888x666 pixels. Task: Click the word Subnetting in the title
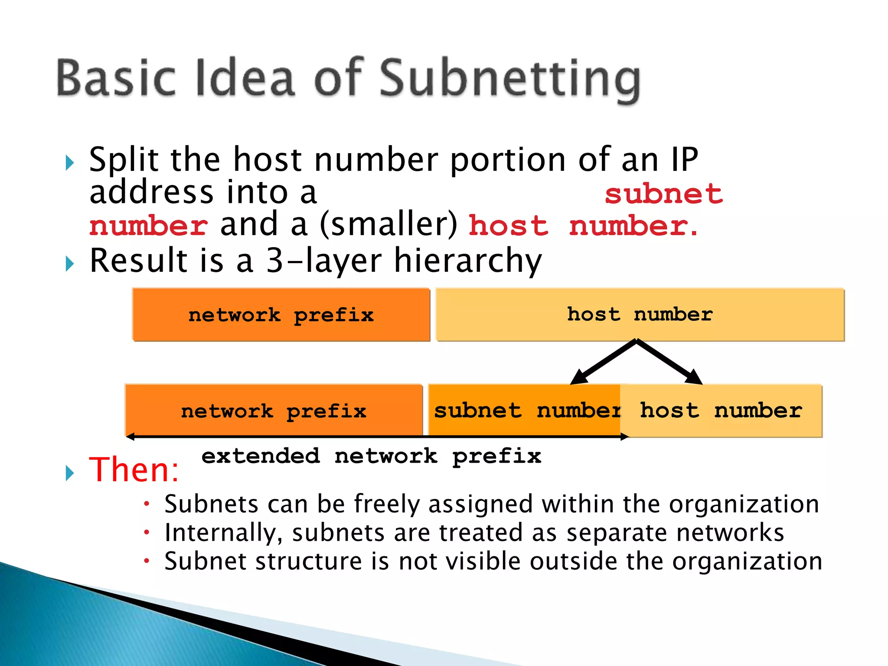point(510,79)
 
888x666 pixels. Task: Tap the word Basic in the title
point(116,78)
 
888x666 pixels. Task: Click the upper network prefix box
point(281,315)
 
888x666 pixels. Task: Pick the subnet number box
point(525,410)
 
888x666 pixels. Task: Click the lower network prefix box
point(274,411)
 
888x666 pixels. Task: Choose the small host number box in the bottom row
point(721,410)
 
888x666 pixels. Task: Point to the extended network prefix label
point(371,456)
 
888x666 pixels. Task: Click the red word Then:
point(134,470)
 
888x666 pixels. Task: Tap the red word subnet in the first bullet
point(664,194)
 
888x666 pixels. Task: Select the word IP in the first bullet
point(684,160)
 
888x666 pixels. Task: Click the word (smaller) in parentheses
point(388,225)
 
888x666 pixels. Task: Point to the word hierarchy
point(468,261)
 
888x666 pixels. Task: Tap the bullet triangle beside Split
point(69,163)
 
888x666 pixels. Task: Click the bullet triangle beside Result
point(69,263)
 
